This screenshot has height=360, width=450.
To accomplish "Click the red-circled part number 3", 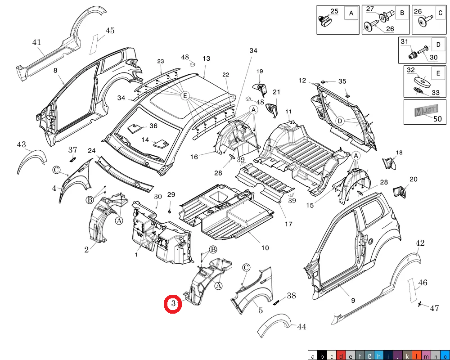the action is coord(173,304).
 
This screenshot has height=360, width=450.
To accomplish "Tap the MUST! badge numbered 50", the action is coord(427,110).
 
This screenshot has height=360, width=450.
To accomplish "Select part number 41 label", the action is coord(36,42).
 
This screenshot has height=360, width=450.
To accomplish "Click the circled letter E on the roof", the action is coord(185,95).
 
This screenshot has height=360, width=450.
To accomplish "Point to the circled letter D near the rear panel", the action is coord(340,121).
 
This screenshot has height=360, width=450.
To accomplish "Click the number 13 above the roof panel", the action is coord(206,58).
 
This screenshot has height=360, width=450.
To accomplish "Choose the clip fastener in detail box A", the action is coord(324,21).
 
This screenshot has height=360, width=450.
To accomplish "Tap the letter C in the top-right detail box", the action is coord(440,13).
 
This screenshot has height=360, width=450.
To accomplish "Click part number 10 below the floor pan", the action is coord(265,248).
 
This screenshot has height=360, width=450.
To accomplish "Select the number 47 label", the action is coord(434,308).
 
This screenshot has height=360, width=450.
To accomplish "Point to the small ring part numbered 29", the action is coord(170,212).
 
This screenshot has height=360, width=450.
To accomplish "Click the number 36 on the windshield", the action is coord(153,126).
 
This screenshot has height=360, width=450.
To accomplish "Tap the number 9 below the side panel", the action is coord(353,300).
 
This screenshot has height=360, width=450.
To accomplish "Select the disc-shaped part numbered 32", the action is coord(423,81).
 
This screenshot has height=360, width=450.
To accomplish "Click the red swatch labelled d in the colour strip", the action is coord(341,355).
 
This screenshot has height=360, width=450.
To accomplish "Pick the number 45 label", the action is coord(110,31).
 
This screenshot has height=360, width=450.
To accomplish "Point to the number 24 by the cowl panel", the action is coord(91,151).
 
